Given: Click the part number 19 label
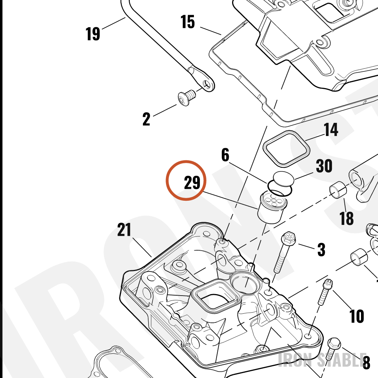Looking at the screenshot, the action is coord(93,34).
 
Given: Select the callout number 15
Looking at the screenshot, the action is coord(187,22).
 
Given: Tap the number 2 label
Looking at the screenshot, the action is coord(146,119).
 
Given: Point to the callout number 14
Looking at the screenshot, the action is coord(330,129).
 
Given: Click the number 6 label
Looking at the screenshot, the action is coord(225,155).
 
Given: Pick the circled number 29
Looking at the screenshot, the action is coord(192,182).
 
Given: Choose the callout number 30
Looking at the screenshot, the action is coord(324,166).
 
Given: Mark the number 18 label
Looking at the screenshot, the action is coord(346,218).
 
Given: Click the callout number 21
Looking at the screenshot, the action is coord(124,229).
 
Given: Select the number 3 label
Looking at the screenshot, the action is coord(321,249).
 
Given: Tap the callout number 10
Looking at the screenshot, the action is coord(357,316).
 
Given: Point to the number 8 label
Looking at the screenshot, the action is coord(366,363).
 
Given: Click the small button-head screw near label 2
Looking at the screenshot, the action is coord(187,98).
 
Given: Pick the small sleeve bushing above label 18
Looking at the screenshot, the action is coord(338,189).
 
